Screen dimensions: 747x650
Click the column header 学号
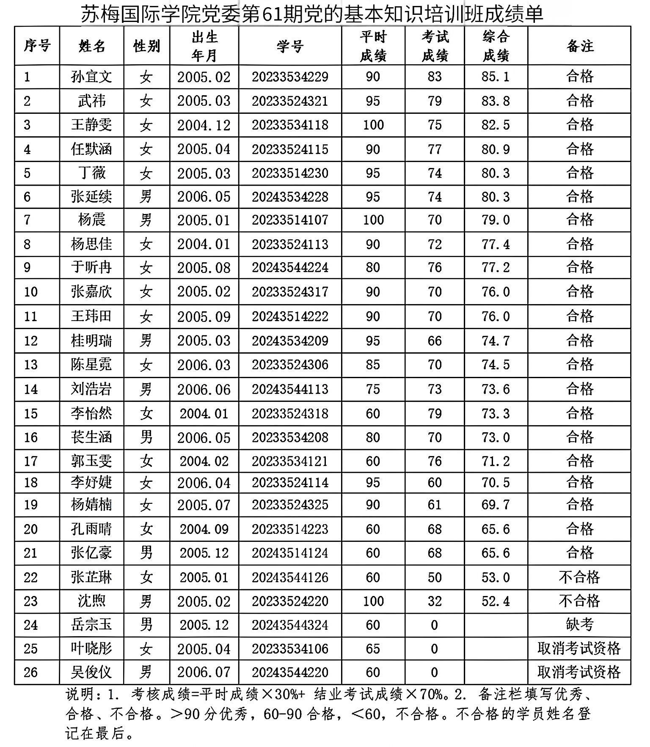tap(290, 46)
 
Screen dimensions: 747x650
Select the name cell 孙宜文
tap(91, 77)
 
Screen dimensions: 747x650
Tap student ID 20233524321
tap(290, 101)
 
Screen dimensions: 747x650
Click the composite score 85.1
tap(496, 77)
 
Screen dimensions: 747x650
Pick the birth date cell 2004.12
tap(204, 125)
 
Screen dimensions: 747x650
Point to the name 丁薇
tap(91, 173)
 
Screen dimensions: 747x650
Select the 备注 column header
tap(579, 46)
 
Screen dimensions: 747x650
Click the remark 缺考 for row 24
tap(579, 625)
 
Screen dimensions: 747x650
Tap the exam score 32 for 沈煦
tap(435, 601)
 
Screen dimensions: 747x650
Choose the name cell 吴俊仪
tap(91, 672)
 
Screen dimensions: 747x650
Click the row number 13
tap(30, 365)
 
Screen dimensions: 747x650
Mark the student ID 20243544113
tap(290, 389)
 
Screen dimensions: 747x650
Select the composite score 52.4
tap(496, 601)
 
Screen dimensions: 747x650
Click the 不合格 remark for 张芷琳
tap(579, 577)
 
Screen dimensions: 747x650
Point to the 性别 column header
tap(146, 46)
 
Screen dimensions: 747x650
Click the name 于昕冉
tap(91, 268)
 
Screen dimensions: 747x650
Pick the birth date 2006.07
tap(204, 672)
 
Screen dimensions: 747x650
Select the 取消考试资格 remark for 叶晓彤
tap(579, 649)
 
